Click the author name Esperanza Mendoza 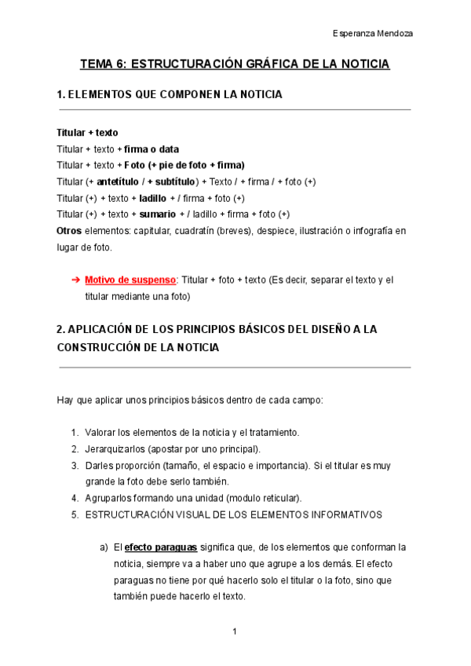pos(373,34)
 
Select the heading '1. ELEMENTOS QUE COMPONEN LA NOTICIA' pos(170,94)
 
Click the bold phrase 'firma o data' pos(152,148)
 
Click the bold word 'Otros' pos(69,231)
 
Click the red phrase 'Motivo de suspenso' pos(130,280)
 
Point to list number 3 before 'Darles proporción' pos(75,466)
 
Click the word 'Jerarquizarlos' pos(116,449)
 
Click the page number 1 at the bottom pos(235,631)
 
